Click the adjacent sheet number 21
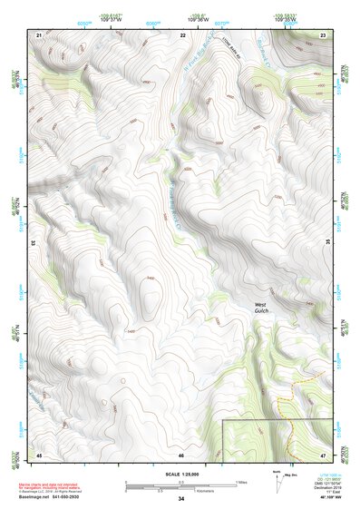(39, 34)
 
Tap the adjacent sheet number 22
(182, 34)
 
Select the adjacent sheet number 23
(323, 34)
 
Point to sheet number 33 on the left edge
(34, 243)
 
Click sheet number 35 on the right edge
(327, 243)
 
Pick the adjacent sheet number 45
(39, 454)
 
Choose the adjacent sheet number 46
(181, 454)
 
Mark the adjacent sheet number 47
(323, 454)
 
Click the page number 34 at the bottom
(181, 499)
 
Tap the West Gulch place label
(262, 308)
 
